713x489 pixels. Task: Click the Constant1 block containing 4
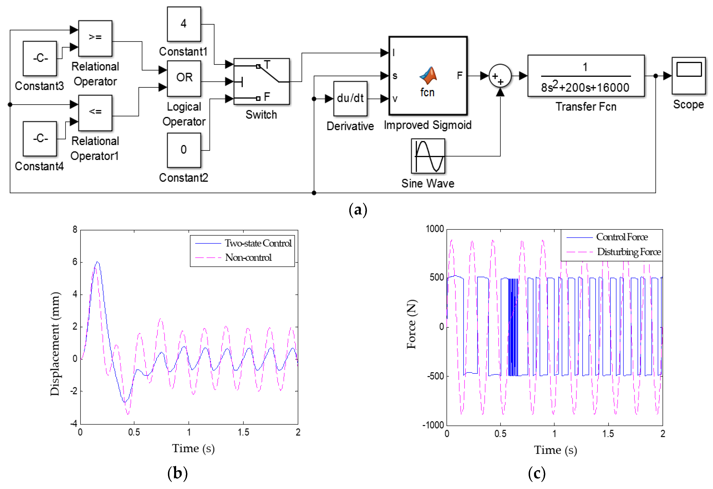184,24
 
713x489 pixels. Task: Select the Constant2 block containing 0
184,150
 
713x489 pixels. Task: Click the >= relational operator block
95,38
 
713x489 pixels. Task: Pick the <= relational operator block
95,113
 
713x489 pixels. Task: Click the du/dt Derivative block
350,98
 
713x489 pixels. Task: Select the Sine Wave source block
428,156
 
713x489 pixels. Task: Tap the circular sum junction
500,76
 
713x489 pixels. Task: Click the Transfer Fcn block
586,76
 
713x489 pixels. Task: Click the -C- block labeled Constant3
40,58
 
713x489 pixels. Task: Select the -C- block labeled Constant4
40,139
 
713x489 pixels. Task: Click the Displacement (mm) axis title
55,344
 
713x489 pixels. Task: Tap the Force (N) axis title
411,324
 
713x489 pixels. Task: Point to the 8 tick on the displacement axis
75,229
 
